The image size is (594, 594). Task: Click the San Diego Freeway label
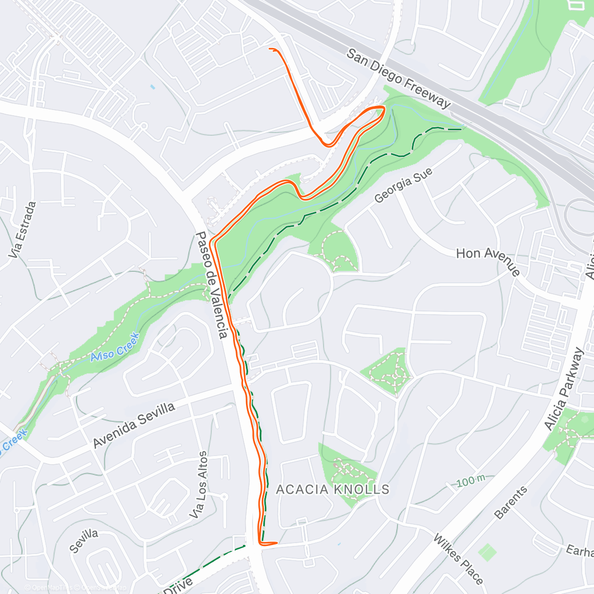point(398,78)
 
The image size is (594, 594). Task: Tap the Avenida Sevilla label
point(134,425)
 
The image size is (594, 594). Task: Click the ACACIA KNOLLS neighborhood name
point(333,490)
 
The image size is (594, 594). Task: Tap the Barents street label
point(511,503)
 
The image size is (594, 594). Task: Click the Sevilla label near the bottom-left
point(84,541)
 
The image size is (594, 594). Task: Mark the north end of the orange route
point(270,49)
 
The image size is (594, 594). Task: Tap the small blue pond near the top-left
point(152,87)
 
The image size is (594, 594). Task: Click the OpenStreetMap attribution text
point(104,588)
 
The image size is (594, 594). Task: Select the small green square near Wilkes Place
point(488,552)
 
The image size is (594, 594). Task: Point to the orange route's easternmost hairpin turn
point(384,107)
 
